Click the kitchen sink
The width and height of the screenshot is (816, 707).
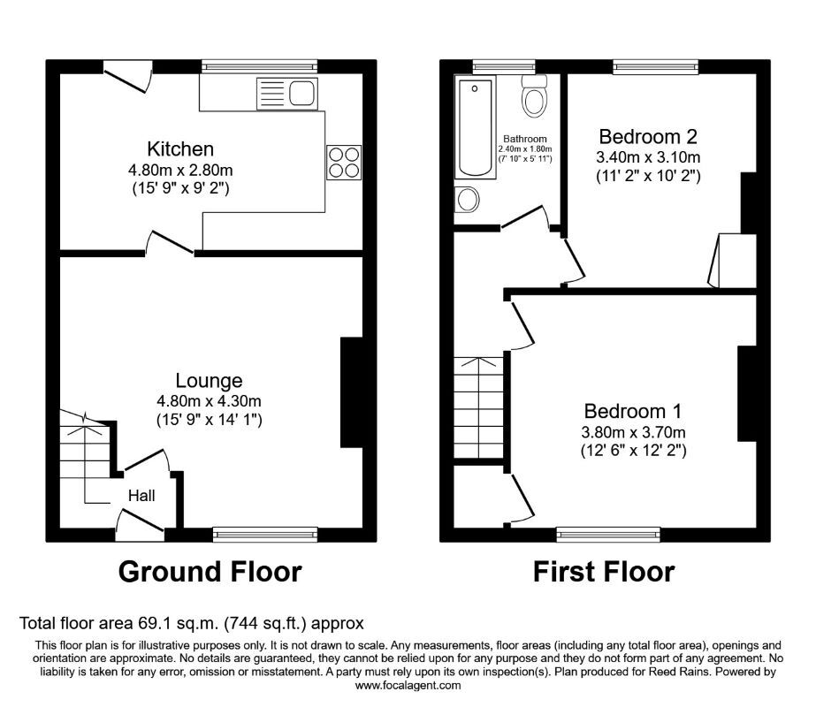[286, 92]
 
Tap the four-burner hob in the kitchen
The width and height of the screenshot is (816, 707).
[344, 162]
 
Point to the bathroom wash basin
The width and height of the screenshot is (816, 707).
[466, 200]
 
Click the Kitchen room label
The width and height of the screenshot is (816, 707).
[180, 148]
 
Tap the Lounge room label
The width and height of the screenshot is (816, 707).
[209, 381]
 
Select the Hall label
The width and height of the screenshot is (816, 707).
[141, 496]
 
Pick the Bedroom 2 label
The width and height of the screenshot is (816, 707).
[648, 137]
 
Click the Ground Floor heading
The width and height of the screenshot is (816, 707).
[210, 572]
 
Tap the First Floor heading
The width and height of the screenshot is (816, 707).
[604, 572]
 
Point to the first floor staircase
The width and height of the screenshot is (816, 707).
[478, 407]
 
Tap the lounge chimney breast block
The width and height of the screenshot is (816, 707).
[351, 392]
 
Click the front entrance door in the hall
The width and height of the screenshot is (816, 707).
[141, 527]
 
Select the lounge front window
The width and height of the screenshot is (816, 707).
[264, 534]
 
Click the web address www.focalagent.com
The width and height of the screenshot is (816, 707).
[408, 685]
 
